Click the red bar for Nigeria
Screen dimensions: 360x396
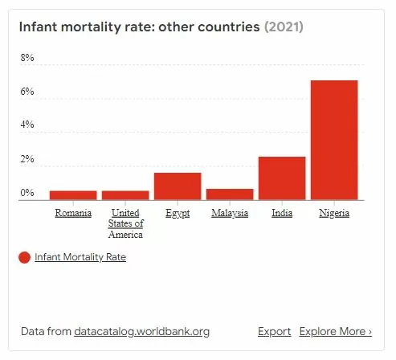coord(333,140)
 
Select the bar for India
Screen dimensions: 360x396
coord(281,178)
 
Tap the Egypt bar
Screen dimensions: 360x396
coord(177,186)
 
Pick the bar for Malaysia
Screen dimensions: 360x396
coord(229,194)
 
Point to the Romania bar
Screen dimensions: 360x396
coord(73,194)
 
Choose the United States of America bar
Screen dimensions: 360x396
coord(125,194)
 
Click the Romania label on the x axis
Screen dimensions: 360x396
coord(73,213)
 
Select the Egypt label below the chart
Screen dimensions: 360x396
coord(177,213)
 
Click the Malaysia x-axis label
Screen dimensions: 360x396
coord(229,213)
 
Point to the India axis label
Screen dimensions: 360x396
coord(281,213)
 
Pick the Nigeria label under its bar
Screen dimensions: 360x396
coord(333,213)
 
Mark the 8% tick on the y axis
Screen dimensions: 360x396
coord(27,59)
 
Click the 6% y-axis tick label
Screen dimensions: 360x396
coord(27,92)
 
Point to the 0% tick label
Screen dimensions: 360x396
coord(27,193)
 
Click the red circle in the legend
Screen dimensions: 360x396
coord(24,257)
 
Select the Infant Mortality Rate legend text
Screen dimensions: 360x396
coord(80,257)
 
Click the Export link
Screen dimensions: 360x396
coord(274,331)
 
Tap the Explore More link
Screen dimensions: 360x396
coord(335,331)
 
